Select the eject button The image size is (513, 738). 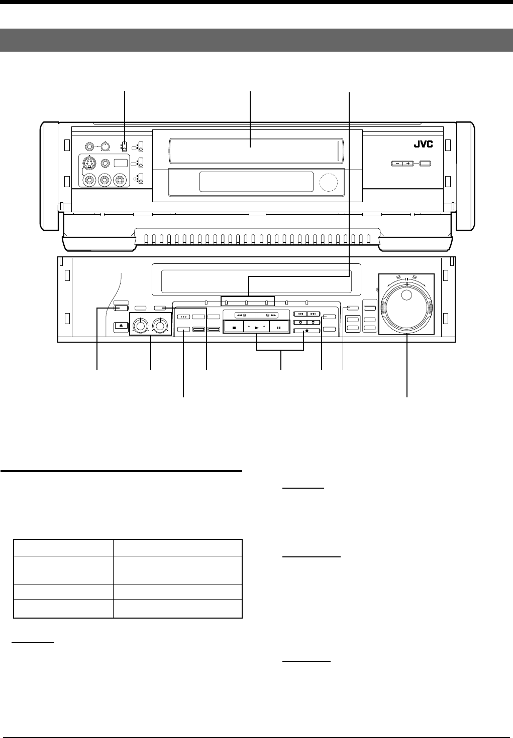[x=121, y=326]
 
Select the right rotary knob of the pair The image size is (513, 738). [x=160, y=325]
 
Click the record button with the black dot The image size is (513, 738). [x=306, y=331]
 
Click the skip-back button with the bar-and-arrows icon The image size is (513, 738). [x=300, y=314]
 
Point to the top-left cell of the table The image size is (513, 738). [x=63, y=547]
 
